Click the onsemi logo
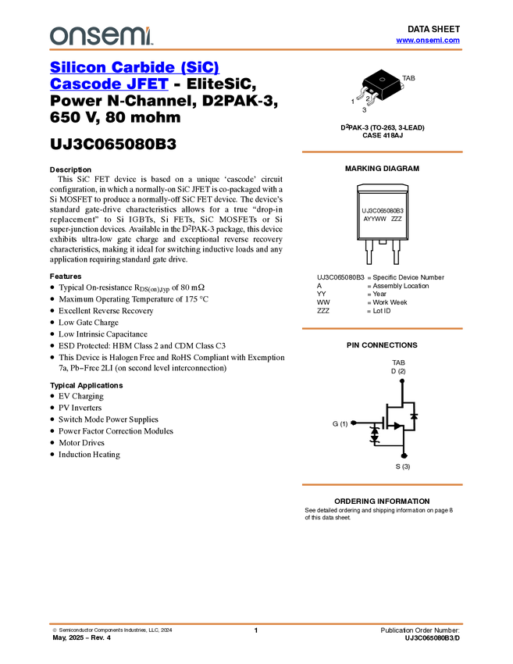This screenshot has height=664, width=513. [102, 36]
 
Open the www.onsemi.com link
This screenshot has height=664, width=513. [428, 40]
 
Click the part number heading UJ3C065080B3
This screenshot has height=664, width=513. [113, 144]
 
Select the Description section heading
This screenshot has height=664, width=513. [70, 170]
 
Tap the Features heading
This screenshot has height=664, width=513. [66, 276]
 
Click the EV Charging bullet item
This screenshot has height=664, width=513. [81, 396]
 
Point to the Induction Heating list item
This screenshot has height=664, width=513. [89, 455]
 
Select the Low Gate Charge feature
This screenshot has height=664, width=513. [88, 323]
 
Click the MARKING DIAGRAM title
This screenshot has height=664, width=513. [382, 169]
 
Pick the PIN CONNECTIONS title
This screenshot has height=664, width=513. [382, 345]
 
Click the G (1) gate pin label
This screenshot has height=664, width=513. [340, 423]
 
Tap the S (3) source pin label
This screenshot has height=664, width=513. [403, 466]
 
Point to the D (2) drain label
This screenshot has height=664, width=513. [398, 371]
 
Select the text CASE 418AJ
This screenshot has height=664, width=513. [383, 135]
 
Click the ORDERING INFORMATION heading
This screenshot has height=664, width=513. [382, 501]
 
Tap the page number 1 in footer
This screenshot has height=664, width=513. [256, 630]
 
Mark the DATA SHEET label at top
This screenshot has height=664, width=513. [434, 29]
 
